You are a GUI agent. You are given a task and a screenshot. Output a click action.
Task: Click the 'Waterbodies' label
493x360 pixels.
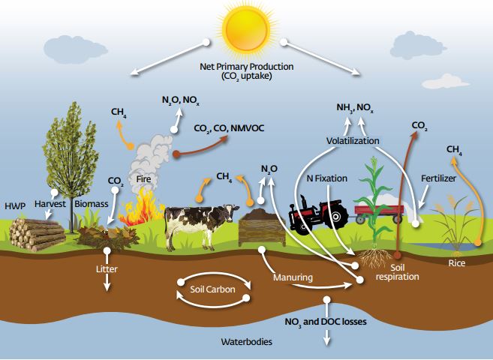(247, 342)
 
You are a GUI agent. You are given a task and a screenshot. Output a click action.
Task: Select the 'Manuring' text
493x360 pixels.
(293, 277)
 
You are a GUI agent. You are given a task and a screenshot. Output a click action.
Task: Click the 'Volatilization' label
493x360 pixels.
(353, 141)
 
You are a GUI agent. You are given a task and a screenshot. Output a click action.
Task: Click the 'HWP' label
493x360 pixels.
(15, 204)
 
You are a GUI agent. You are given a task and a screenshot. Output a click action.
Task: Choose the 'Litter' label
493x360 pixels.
(107, 268)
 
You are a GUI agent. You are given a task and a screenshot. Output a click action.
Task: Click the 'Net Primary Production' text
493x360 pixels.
(247, 67)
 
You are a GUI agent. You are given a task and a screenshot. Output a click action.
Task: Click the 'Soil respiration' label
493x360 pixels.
(398, 271)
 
